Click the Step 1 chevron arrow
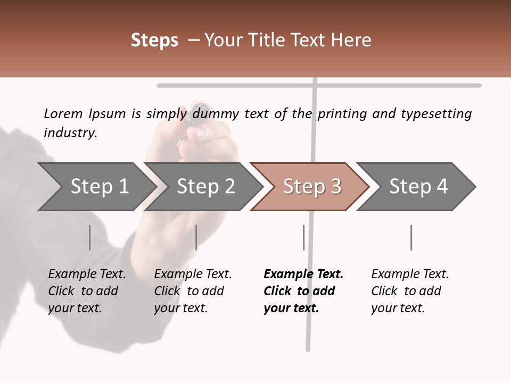click(96, 187)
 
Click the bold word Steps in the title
click(154, 40)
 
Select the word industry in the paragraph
click(70, 132)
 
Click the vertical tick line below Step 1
click(89, 237)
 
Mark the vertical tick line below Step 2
click(196, 237)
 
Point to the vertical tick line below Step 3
click(303, 237)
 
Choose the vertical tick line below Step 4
click(411, 237)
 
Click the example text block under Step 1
click(87, 291)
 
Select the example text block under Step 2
click(193, 291)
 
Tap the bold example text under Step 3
click(303, 291)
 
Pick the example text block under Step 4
click(410, 291)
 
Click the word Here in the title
click(350, 40)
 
